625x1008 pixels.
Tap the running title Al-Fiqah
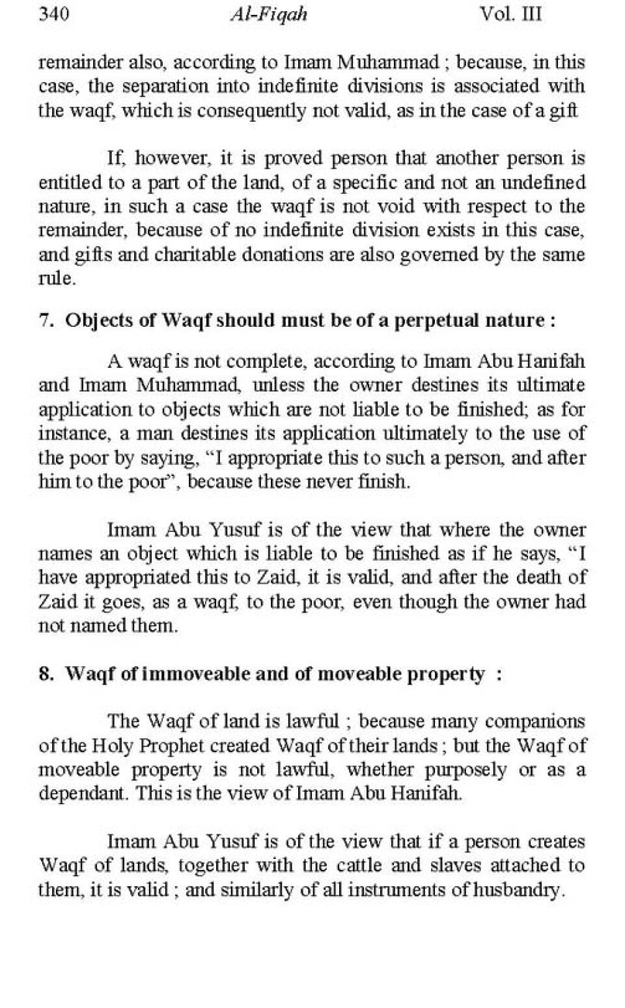point(268,14)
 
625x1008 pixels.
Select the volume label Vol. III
point(510,14)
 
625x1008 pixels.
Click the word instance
point(72,433)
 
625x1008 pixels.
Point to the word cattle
point(357,866)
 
